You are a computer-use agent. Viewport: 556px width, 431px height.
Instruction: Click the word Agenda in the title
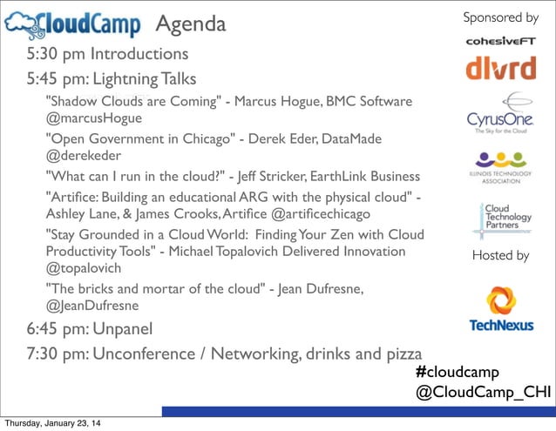coord(190,24)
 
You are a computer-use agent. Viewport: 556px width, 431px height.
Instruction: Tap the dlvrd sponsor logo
coord(499,68)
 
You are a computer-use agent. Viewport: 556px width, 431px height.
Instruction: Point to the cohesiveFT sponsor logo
coord(499,40)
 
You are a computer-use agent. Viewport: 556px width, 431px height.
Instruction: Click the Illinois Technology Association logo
coord(499,165)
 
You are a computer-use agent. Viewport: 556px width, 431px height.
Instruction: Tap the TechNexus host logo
coord(499,312)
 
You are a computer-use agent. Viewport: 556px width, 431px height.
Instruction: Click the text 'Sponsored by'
coord(500,17)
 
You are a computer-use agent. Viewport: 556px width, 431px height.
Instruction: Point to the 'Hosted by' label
coord(500,255)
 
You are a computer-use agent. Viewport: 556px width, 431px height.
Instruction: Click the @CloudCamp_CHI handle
coord(483,392)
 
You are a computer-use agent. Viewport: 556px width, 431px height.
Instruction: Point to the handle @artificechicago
coord(322,213)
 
